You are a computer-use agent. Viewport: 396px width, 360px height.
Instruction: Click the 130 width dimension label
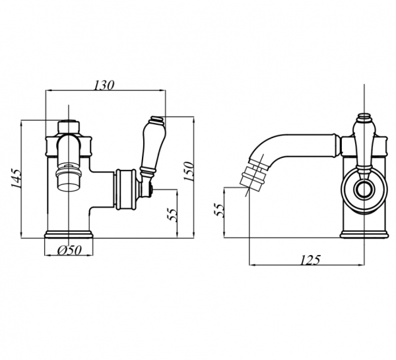click(104, 85)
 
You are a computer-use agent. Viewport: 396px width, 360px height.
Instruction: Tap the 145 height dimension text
click(16, 178)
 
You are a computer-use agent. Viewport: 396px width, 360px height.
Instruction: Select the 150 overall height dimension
click(189, 171)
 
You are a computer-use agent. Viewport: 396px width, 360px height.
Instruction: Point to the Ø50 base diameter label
click(69, 250)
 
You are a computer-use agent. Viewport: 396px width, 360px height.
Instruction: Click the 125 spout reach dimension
click(310, 260)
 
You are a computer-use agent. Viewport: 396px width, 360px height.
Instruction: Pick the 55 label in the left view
click(173, 215)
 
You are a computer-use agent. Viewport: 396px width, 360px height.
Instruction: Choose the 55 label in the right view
click(219, 209)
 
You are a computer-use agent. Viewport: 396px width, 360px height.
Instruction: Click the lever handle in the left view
click(152, 149)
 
